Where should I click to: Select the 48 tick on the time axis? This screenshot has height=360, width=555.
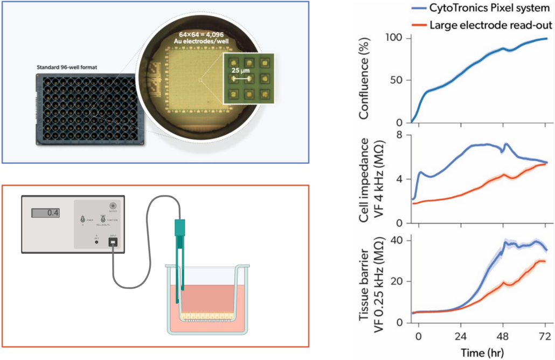504,334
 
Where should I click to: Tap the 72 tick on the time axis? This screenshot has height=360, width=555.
545,334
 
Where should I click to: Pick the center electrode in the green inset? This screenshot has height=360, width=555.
248,79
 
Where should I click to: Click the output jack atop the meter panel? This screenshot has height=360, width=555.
113,206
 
